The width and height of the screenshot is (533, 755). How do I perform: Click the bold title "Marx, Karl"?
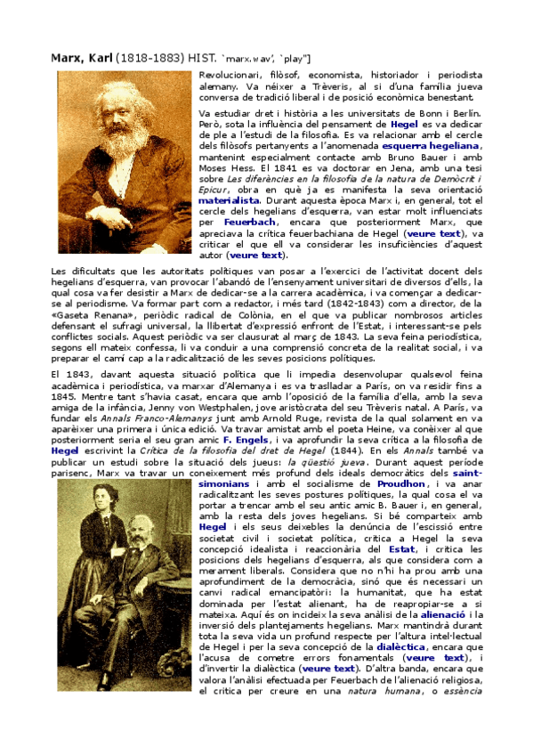(x=82, y=58)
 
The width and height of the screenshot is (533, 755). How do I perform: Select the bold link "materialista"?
(x=229, y=201)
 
